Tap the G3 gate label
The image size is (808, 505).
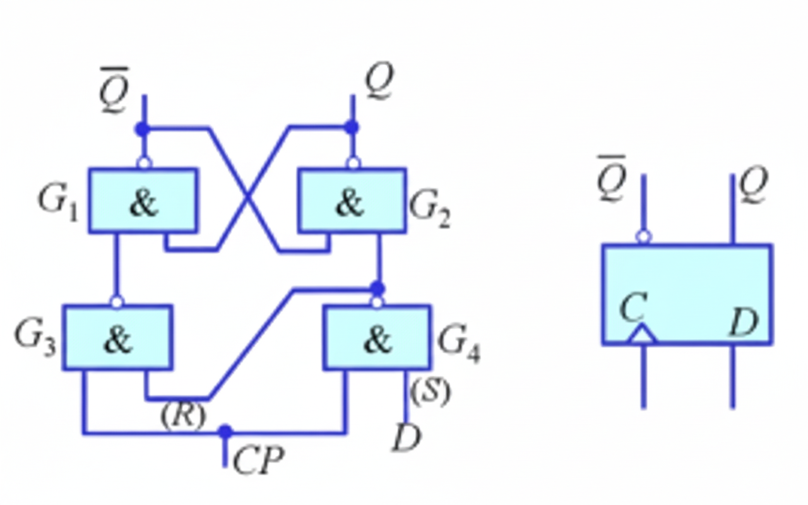(x=35, y=338)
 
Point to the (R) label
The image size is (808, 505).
(x=183, y=416)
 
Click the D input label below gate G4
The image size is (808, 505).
(x=406, y=437)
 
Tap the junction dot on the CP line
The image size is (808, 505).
(x=225, y=432)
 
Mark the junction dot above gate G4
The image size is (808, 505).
(x=377, y=288)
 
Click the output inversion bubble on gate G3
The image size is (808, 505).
(x=117, y=302)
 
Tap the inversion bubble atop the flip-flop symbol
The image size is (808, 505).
(x=643, y=237)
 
